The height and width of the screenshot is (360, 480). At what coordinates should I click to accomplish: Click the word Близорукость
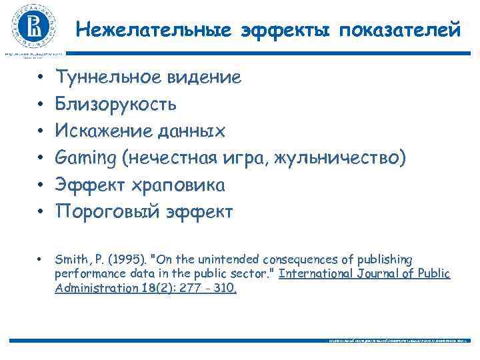point(116,105)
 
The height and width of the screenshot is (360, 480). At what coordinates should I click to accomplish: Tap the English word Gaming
point(87,159)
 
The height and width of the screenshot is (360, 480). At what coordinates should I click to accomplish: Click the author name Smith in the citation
point(70,259)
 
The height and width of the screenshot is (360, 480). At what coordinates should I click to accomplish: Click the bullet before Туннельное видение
point(41,79)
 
